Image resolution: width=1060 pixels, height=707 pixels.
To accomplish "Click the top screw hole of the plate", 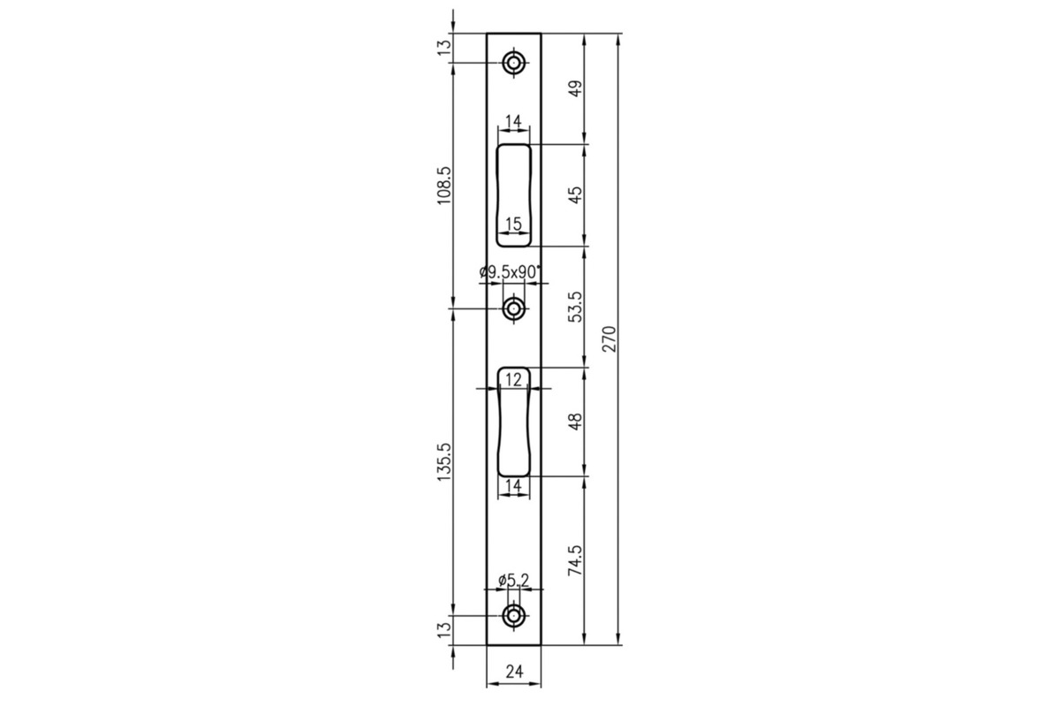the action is click(513, 63).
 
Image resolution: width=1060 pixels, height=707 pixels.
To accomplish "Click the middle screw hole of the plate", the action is click(513, 308).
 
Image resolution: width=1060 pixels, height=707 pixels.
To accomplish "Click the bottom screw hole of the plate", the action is click(513, 616).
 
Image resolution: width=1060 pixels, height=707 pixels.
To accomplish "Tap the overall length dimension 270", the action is click(609, 338).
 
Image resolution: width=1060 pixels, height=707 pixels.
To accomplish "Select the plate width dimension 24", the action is click(514, 672).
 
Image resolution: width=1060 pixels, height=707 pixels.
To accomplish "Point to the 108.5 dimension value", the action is click(445, 186).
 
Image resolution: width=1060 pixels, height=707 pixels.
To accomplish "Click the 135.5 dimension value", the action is click(445, 462).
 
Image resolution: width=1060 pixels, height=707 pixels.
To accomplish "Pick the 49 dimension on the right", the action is click(575, 88).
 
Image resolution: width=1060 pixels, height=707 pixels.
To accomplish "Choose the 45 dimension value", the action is click(575, 194).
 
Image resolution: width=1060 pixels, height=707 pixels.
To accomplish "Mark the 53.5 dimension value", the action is click(575, 307).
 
